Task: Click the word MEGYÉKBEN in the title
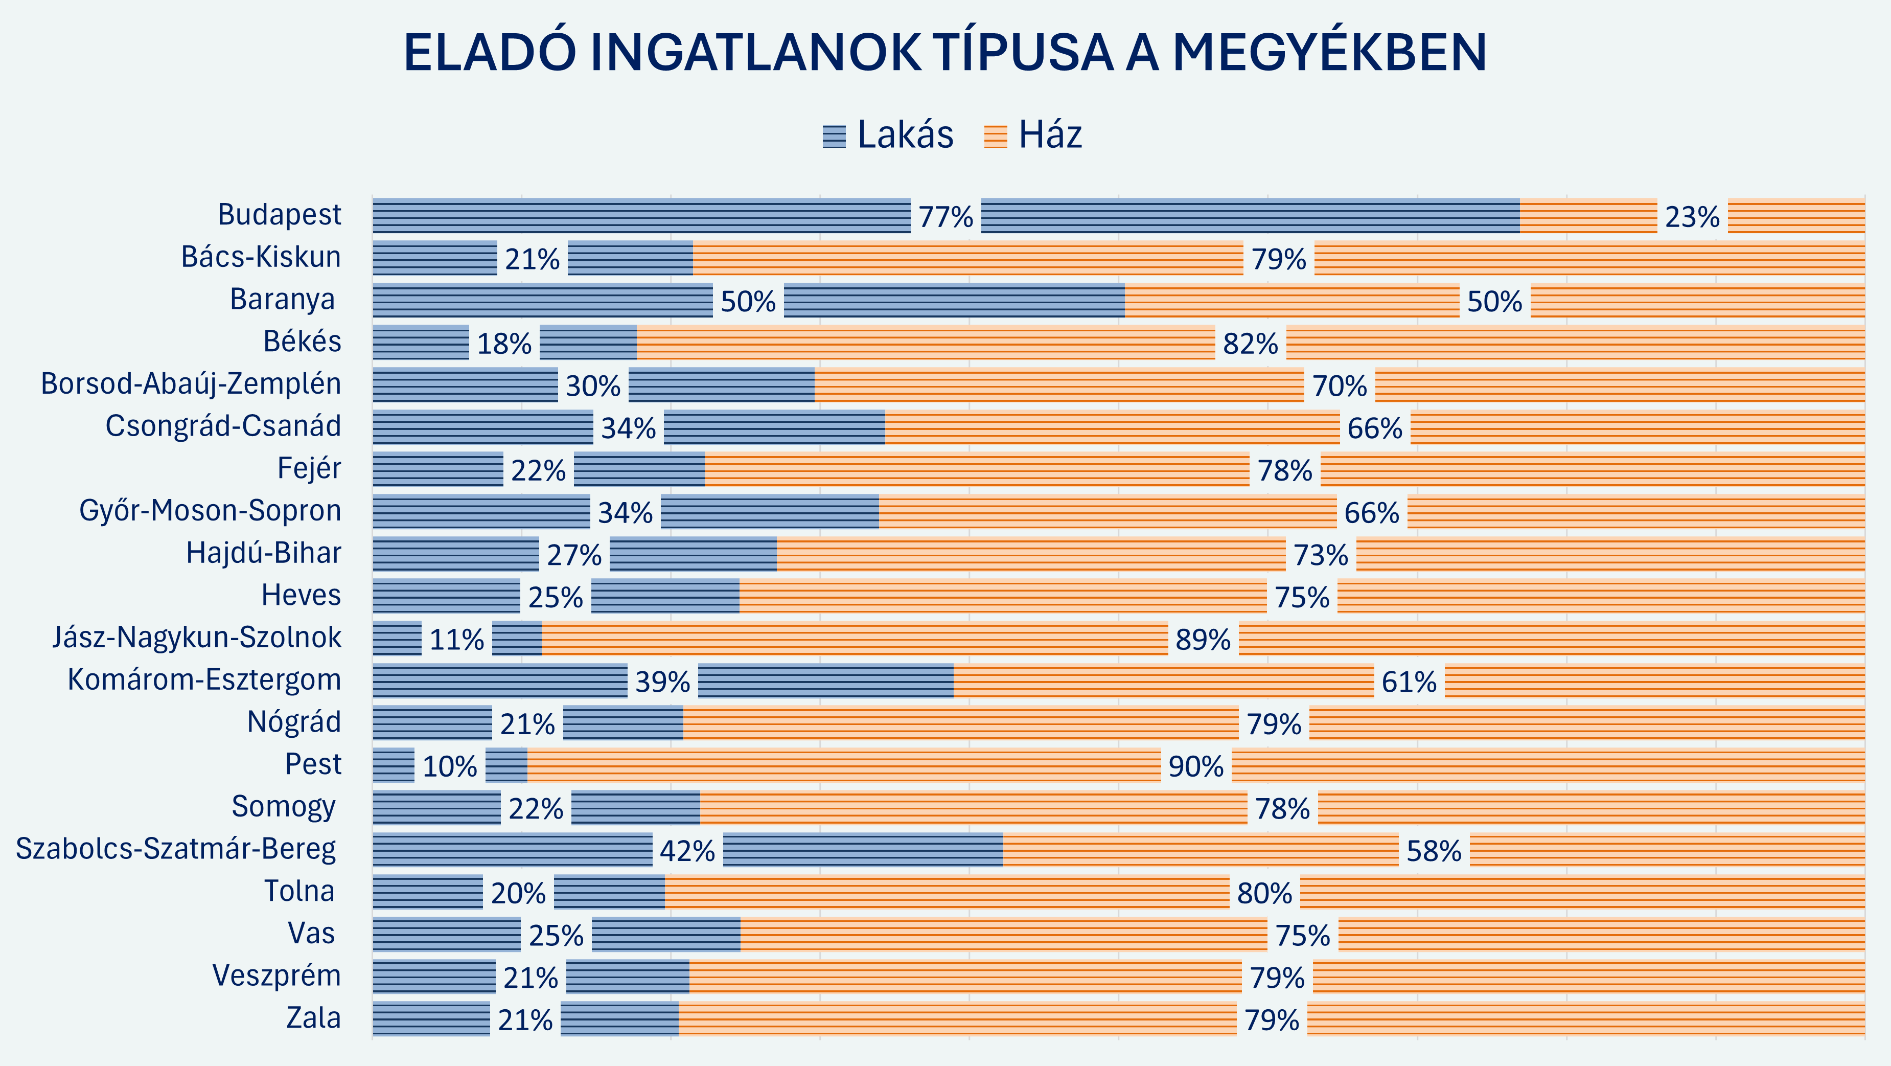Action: (1329, 53)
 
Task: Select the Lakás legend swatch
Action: (834, 137)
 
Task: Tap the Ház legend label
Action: (1050, 135)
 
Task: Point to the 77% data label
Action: (945, 217)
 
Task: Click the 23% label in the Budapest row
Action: (1692, 217)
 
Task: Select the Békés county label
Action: (303, 342)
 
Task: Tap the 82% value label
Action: (1250, 344)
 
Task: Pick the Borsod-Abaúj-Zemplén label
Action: (191, 384)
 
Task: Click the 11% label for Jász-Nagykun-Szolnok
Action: (456, 640)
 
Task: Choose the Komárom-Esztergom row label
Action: (204, 680)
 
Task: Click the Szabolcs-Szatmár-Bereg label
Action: (176, 849)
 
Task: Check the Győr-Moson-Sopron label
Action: (210, 511)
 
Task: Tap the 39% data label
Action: (662, 683)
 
